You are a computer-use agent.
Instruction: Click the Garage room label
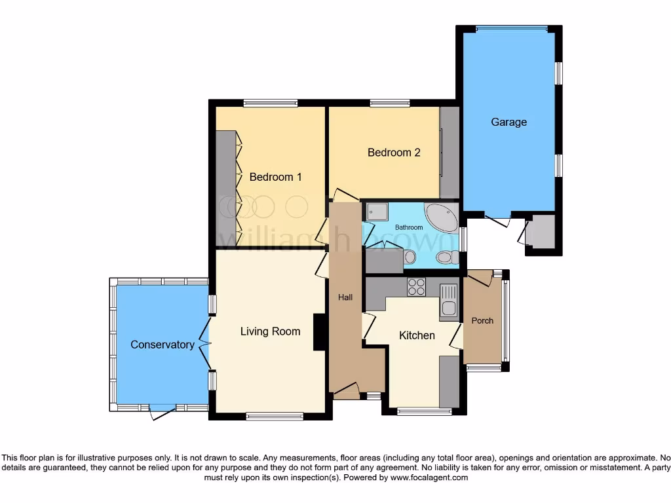coord(508,122)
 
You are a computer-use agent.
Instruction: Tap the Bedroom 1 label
coord(275,177)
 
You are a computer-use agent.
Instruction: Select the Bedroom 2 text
coord(393,153)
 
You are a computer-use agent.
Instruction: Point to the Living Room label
coord(270,331)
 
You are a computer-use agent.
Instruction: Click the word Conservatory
coord(162,345)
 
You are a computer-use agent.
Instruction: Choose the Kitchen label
coord(417,335)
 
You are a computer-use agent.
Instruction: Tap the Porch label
coord(482,320)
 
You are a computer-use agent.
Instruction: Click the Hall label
coord(345,297)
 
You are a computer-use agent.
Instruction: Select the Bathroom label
coord(408,227)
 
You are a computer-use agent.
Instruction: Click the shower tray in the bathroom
coord(377,212)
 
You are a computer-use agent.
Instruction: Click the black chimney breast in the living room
coord(320,332)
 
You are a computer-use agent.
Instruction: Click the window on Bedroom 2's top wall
coord(390,103)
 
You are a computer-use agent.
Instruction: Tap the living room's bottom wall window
coord(275,415)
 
